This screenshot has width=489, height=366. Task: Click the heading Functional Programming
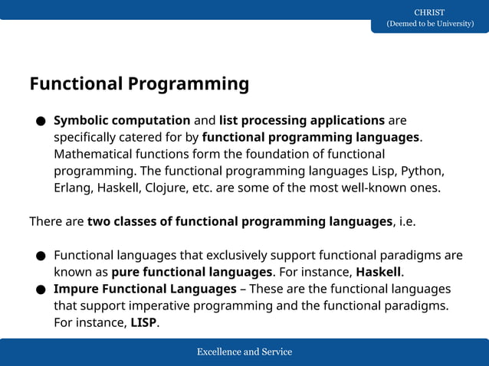(x=139, y=83)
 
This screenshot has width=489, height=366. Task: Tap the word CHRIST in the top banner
(x=429, y=12)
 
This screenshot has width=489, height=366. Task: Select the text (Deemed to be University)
(x=429, y=24)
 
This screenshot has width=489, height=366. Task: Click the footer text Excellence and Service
(x=244, y=352)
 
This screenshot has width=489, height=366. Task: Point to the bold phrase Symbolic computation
(x=122, y=120)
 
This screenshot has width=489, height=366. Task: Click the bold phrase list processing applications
(x=302, y=120)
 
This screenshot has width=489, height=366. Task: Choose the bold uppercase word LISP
(x=143, y=322)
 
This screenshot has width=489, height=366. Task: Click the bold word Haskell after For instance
(x=379, y=272)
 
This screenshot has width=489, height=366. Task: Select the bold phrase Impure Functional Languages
(x=145, y=289)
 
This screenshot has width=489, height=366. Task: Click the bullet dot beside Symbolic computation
(x=40, y=121)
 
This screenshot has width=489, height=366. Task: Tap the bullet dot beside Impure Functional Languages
(x=40, y=289)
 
